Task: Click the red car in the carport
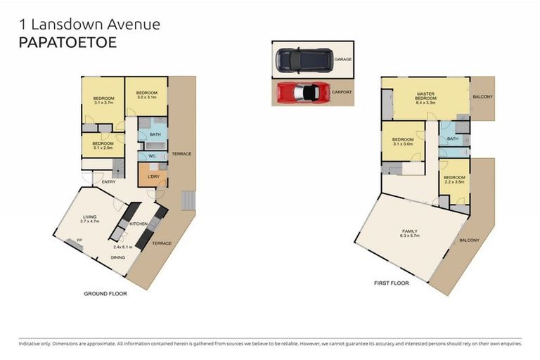point(302,92)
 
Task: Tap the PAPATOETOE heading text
point(67,41)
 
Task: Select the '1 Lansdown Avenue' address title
point(89,24)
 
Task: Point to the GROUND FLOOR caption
point(105,293)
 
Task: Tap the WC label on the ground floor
point(152,156)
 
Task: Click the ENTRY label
point(109,181)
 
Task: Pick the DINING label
point(118,257)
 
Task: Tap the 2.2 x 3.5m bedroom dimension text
point(454,182)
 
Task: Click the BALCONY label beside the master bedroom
point(482,97)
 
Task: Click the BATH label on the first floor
point(452,139)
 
